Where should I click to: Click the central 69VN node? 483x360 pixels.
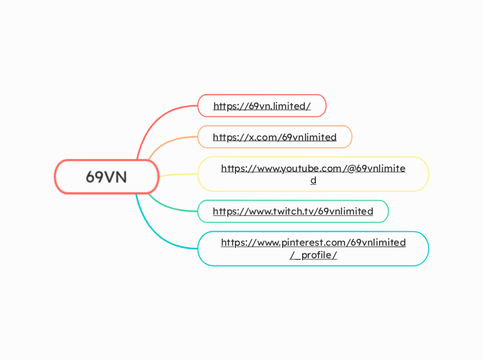click(107, 177)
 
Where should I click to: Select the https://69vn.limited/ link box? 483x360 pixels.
click(261, 106)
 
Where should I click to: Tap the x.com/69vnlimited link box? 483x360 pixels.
click(274, 137)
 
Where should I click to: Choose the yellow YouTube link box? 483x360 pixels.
click(313, 174)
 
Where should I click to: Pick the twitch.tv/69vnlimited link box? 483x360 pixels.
click(292, 211)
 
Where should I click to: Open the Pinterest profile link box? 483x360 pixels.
click(313, 249)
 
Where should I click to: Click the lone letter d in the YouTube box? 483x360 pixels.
click(313, 181)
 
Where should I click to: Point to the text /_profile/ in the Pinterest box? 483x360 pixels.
click(313, 255)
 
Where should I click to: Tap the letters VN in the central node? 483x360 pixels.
click(116, 177)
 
